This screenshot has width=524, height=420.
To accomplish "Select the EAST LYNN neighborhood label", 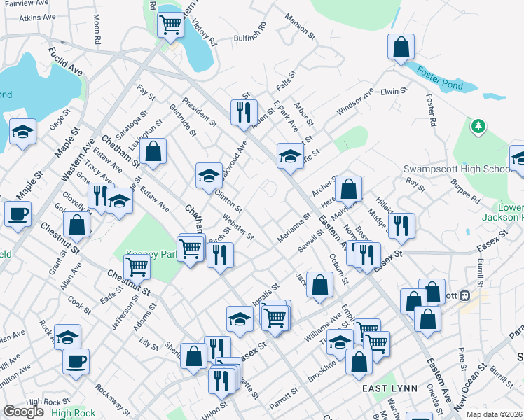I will pos(389,388).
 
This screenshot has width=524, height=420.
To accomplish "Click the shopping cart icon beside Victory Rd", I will pos(171,25).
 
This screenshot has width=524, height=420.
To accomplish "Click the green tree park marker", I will pos(478,126).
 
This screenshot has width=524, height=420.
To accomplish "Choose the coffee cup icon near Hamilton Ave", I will pos(76,361).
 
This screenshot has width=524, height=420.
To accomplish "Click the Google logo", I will pos(23,412).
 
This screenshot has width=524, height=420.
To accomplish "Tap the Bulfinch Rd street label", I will pos(250,34).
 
